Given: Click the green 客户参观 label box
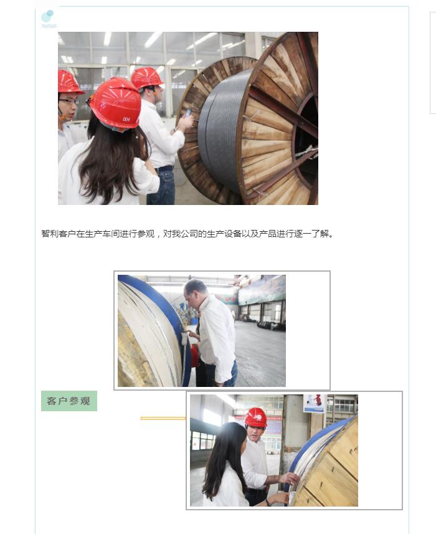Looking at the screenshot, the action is click(69, 401).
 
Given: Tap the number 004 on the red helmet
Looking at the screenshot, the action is click(126, 119).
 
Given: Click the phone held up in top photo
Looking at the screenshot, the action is click(187, 113).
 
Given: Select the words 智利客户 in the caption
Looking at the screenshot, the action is click(59, 234).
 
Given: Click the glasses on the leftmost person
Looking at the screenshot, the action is click(69, 101).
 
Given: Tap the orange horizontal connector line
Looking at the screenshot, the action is click(163, 418).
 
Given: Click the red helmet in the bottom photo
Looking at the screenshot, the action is click(255, 417).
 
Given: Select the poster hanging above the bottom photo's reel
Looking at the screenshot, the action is click(315, 403).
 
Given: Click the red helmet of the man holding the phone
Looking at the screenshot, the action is click(146, 78).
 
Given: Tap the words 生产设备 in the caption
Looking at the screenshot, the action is click(224, 234).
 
